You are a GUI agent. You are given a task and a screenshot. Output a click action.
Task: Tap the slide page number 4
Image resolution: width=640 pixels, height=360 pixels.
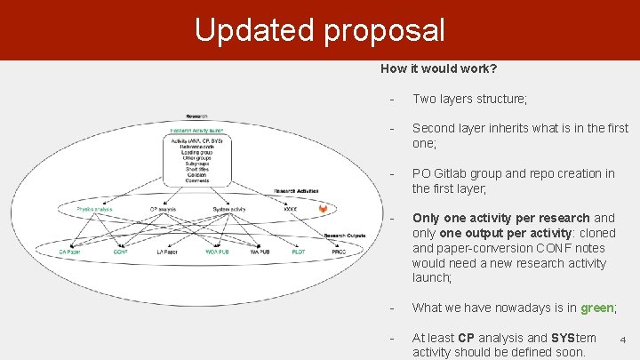point(623,339)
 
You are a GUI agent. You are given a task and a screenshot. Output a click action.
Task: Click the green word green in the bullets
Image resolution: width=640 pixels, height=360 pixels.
point(597,308)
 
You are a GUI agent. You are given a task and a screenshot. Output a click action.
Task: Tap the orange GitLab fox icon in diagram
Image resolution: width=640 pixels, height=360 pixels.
point(323,209)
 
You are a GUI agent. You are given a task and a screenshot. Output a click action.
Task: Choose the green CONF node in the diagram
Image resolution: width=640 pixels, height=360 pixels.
point(121,252)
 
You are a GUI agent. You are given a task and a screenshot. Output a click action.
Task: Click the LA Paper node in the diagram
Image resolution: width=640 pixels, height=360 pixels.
point(166,252)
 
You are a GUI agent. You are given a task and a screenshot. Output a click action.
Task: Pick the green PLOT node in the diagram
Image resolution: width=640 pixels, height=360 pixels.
point(297,252)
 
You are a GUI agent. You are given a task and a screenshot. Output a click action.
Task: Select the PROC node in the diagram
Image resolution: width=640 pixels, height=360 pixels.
point(339,252)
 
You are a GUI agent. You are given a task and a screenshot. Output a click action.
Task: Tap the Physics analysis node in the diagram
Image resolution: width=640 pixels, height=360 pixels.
point(95,210)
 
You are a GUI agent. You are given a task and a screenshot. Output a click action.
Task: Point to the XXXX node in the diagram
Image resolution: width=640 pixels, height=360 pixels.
point(290,210)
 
